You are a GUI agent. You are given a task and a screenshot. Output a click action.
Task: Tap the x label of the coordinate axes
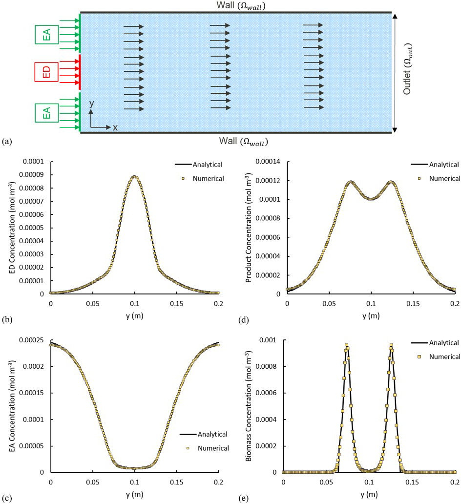point(115,127)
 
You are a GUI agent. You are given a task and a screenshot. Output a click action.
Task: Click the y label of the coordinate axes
point(91,104)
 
